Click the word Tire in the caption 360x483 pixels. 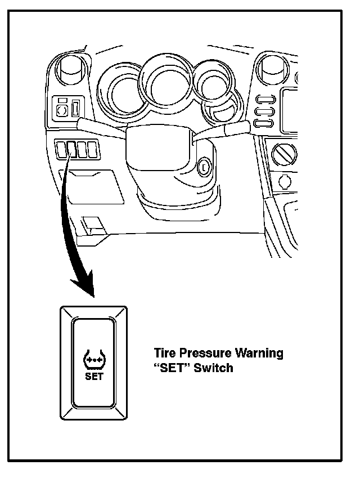pos(165,353)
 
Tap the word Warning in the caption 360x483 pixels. pos(259,354)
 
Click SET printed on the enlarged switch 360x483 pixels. pos(94,376)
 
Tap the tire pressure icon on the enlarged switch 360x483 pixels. pos(94,359)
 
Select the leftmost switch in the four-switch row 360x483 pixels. pos(61,149)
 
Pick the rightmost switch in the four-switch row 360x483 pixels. pos(92,149)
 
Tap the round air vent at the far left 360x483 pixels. pos(71,70)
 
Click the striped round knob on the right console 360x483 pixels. pos(284,155)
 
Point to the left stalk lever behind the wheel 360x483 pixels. pos(102,127)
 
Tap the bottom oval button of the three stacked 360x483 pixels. pos(264,123)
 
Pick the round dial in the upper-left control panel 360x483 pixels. pos(62,110)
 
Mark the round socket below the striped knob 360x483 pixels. pos(285,181)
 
